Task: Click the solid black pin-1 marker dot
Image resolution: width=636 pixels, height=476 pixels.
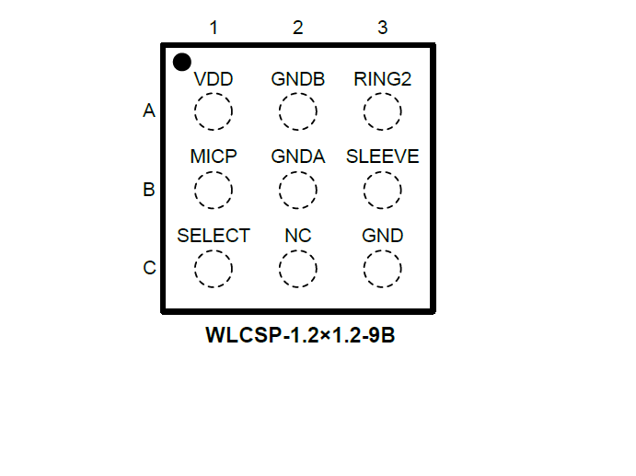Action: [x=182, y=63]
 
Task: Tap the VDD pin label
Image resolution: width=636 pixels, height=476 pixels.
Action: [x=214, y=79]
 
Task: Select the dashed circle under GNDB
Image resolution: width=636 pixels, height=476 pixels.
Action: [x=298, y=112]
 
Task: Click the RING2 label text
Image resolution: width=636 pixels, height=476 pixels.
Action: [x=382, y=79]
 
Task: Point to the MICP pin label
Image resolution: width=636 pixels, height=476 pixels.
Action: [x=214, y=157]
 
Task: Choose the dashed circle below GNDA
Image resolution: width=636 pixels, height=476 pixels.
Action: [x=298, y=191]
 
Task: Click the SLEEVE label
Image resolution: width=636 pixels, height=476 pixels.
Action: [x=382, y=157]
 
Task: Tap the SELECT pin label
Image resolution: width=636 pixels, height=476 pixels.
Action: [x=214, y=236]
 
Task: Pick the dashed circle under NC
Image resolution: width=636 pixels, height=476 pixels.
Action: [x=298, y=269]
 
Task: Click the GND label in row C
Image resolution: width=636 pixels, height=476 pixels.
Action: [x=382, y=236]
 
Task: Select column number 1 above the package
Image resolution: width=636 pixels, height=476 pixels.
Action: [x=214, y=28]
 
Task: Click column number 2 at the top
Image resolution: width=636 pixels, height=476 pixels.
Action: [x=298, y=28]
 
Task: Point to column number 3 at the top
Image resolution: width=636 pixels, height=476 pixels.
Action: [x=382, y=28]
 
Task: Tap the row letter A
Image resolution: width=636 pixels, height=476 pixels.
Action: [x=149, y=111]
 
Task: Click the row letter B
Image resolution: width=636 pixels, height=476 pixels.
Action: [x=149, y=191]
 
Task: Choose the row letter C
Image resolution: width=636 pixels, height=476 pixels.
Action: [x=149, y=269]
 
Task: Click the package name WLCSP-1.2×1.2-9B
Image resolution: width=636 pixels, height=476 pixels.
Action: [x=301, y=335]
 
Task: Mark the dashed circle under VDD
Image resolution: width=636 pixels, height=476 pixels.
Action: [x=214, y=112]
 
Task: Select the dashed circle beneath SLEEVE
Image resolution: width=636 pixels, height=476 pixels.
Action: [x=382, y=191]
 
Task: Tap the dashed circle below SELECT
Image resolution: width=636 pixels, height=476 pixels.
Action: [x=214, y=269]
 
